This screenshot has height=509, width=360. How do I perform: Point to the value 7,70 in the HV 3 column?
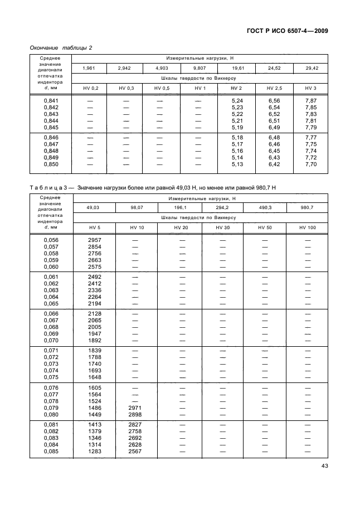311,164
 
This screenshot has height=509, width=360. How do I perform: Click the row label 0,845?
51,127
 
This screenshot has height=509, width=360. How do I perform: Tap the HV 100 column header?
307,227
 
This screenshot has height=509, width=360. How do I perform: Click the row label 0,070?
51,340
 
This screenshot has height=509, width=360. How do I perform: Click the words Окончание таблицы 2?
61,47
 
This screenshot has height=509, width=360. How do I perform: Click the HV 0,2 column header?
90,89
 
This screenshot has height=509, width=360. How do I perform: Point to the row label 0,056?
51,240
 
